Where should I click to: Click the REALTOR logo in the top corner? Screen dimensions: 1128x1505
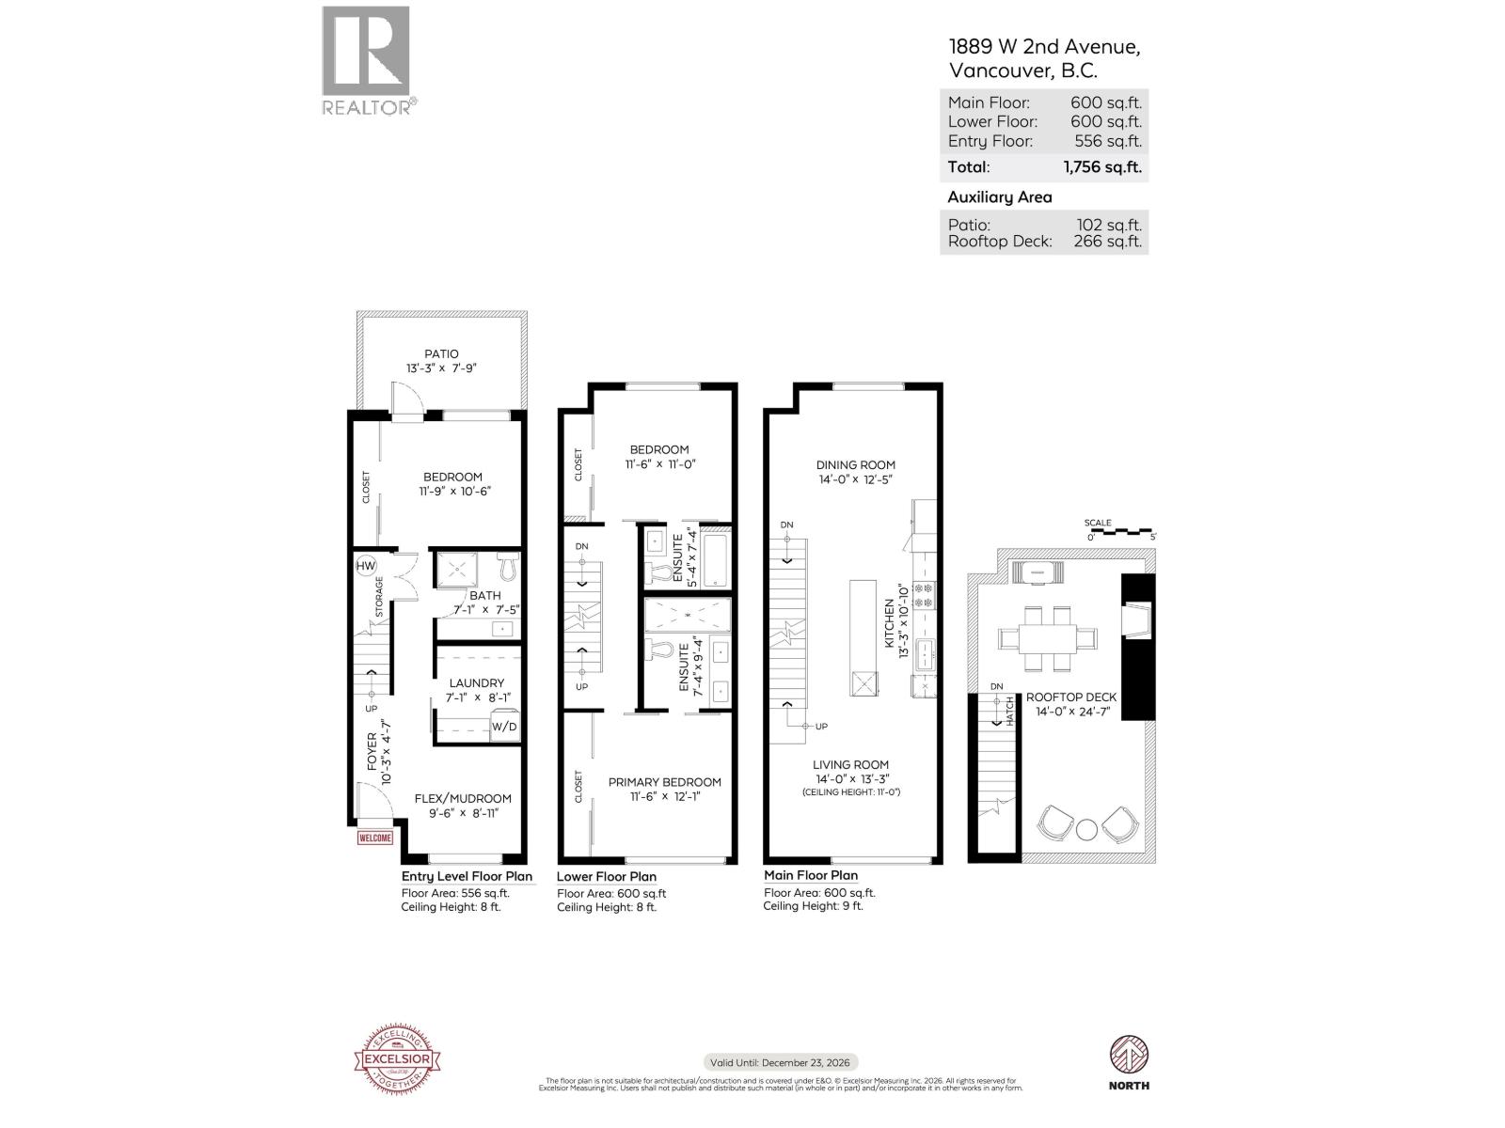[x=367, y=59]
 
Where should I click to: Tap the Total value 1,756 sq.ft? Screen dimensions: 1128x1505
[x=1102, y=167]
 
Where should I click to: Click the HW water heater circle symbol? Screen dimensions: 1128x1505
[x=366, y=566]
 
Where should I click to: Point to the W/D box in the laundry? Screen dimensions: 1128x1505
[x=504, y=728]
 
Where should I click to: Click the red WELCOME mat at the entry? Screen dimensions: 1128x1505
[x=374, y=838]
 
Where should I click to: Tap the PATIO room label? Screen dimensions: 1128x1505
[x=441, y=354]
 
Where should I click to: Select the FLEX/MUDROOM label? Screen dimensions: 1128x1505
[x=463, y=799]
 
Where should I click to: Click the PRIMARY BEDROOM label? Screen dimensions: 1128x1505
[x=664, y=782]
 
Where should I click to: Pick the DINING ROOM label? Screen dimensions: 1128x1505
[x=855, y=464]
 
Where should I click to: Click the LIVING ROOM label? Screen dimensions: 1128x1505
[x=850, y=765]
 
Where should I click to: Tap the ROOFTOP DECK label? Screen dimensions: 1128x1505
[x=1070, y=697]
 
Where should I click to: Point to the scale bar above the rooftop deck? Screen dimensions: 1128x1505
[x=1120, y=531]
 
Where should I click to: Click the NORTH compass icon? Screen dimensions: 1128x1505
[x=1129, y=1056]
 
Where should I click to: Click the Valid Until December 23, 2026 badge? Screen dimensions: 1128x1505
[x=781, y=1062]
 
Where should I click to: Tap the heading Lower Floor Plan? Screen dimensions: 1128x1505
[x=607, y=876]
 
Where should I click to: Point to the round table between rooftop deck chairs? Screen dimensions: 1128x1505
[x=1086, y=829]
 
